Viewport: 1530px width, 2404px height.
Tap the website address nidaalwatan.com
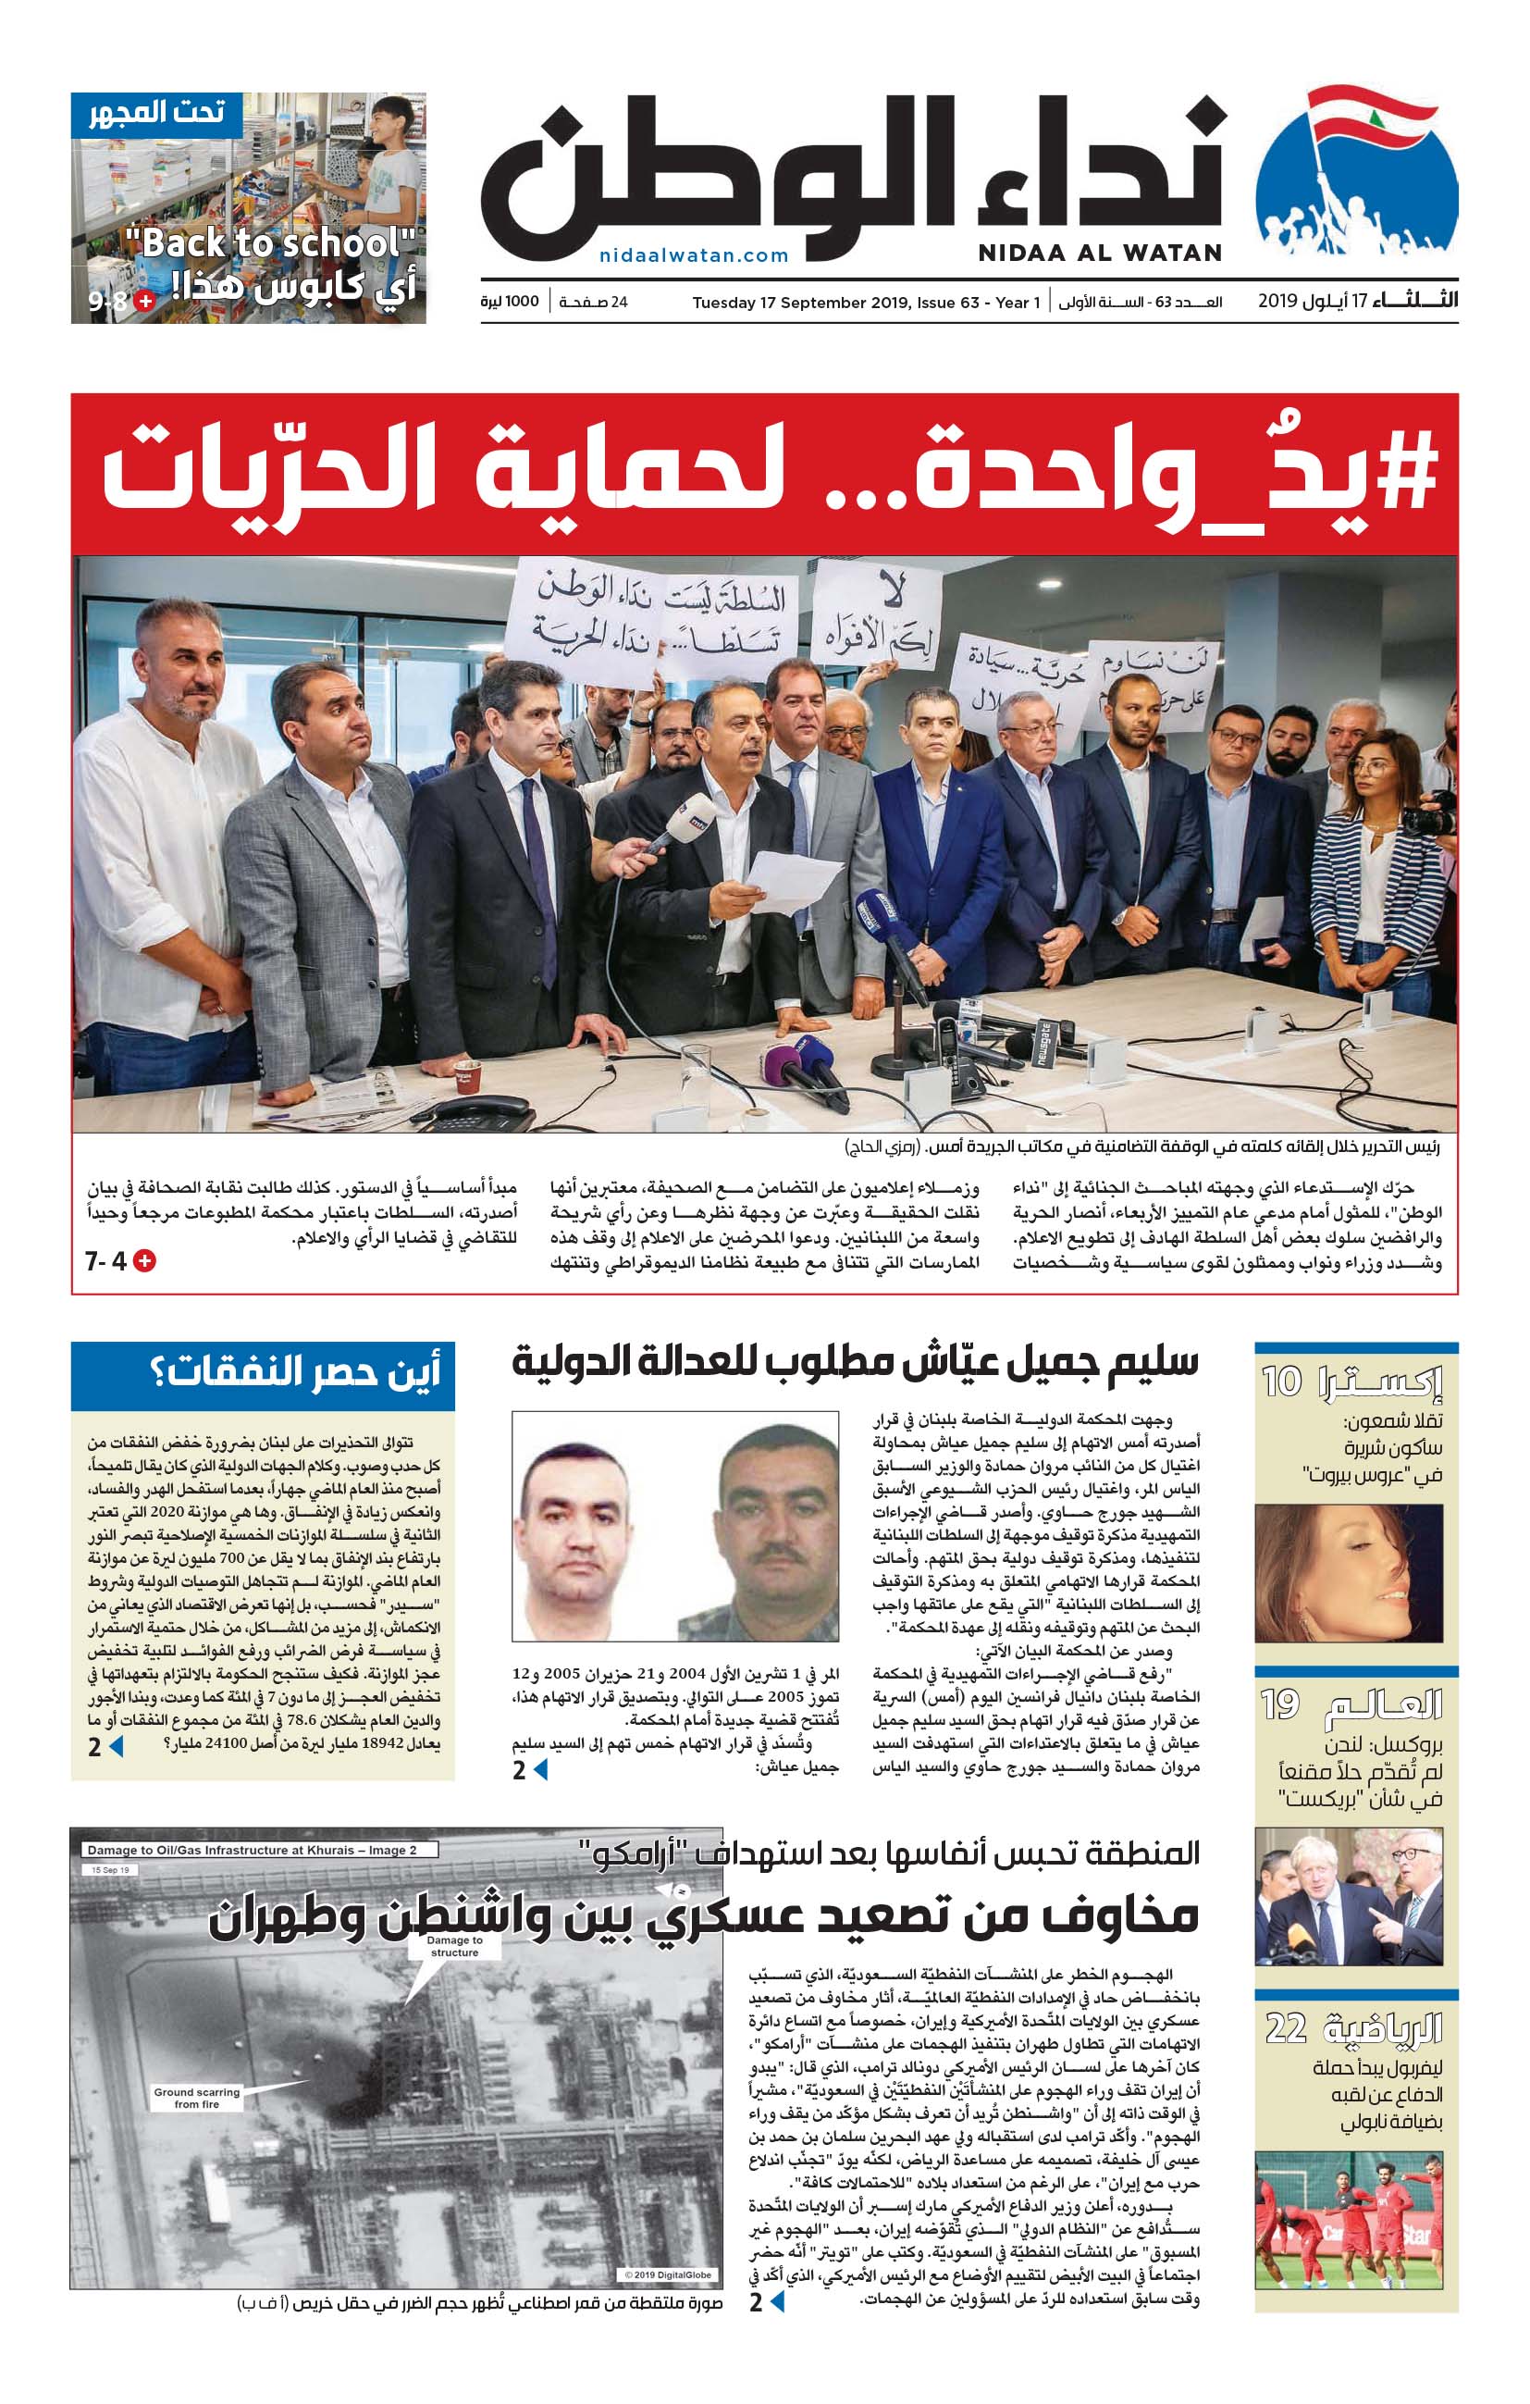pyautogui.click(x=694, y=255)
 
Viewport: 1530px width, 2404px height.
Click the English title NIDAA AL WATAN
pyautogui.click(x=1099, y=253)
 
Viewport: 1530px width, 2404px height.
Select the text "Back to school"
pyautogui.click(x=269, y=242)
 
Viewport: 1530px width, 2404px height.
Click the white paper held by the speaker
pyautogui.click(x=794, y=878)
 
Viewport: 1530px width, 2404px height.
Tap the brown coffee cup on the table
pyautogui.click(x=467, y=1077)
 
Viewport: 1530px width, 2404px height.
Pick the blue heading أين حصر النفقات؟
pyautogui.click(x=294, y=1374)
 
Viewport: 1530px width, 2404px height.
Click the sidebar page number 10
pyautogui.click(x=1281, y=1382)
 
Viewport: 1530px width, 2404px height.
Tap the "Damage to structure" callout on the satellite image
pyautogui.click(x=454, y=1946)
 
